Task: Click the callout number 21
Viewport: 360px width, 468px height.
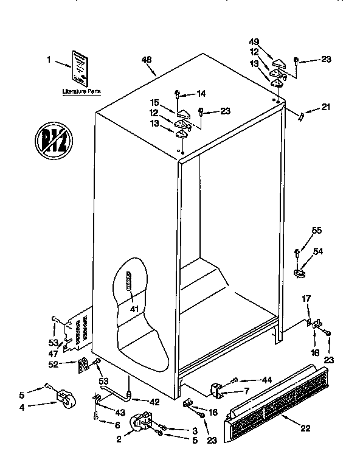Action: pos(327,108)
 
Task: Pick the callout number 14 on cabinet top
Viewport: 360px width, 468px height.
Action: pos(201,93)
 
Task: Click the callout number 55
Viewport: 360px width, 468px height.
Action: pos(317,230)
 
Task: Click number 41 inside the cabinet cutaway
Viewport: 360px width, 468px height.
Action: pos(134,309)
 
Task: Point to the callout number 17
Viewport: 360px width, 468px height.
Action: pos(306,298)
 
